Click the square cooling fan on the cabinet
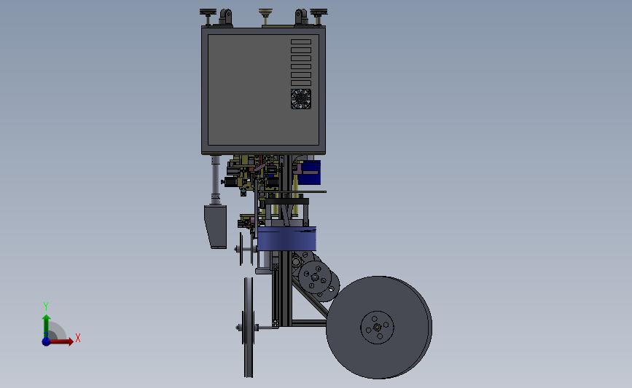pyautogui.click(x=300, y=99)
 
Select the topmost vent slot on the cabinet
pyautogui.click(x=300, y=42)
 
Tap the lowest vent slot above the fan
pyautogui.click(x=300, y=83)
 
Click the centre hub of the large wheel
pyautogui.click(x=378, y=328)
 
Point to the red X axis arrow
pyautogui.click(x=61, y=341)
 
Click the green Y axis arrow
pyautogui.click(x=46, y=326)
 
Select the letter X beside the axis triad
pyautogui.click(x=78, y=338)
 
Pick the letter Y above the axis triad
pyautogui.click(x=45, y=306)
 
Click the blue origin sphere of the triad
pyautogui.click(x=46, y=341)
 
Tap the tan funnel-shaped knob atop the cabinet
pyautogui.click(x=265, y=17)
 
